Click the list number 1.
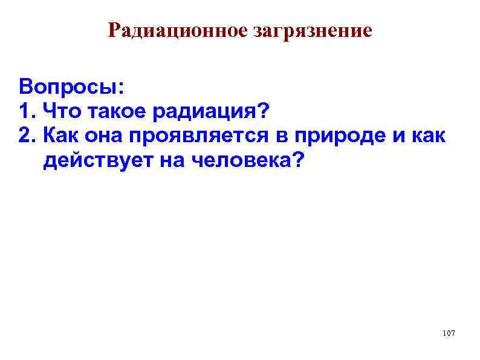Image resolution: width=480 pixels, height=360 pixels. pos(25,111)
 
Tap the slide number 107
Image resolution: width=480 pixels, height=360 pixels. pos(448,334)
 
